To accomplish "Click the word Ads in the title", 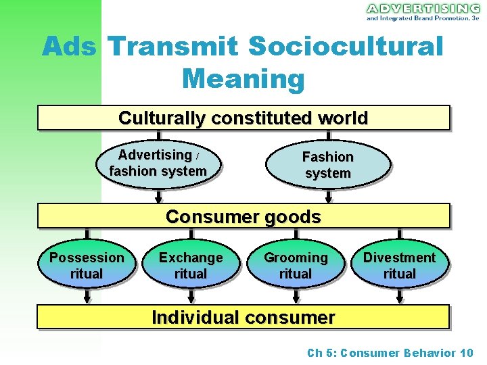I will point(70,47).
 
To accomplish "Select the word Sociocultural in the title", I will point(346,47).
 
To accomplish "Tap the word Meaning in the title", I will point(243,79).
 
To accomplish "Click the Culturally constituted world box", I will point(243,118).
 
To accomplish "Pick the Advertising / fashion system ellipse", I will point(159,164).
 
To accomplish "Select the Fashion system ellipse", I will point(328,165).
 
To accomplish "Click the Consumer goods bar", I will point(243,216).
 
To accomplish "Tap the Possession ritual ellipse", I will point(87,266).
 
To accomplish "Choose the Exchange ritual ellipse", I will point(191,266).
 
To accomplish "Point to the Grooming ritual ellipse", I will point(296,266).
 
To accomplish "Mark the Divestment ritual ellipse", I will point(399,266).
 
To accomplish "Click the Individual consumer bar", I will point(243,316).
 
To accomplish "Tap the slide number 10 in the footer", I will point(466,352).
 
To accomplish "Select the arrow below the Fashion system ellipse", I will point(328,196).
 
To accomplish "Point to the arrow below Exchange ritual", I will point(191,296).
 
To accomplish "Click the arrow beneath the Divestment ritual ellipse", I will point(399,296).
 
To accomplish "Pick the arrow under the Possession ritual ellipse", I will point(87,296).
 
